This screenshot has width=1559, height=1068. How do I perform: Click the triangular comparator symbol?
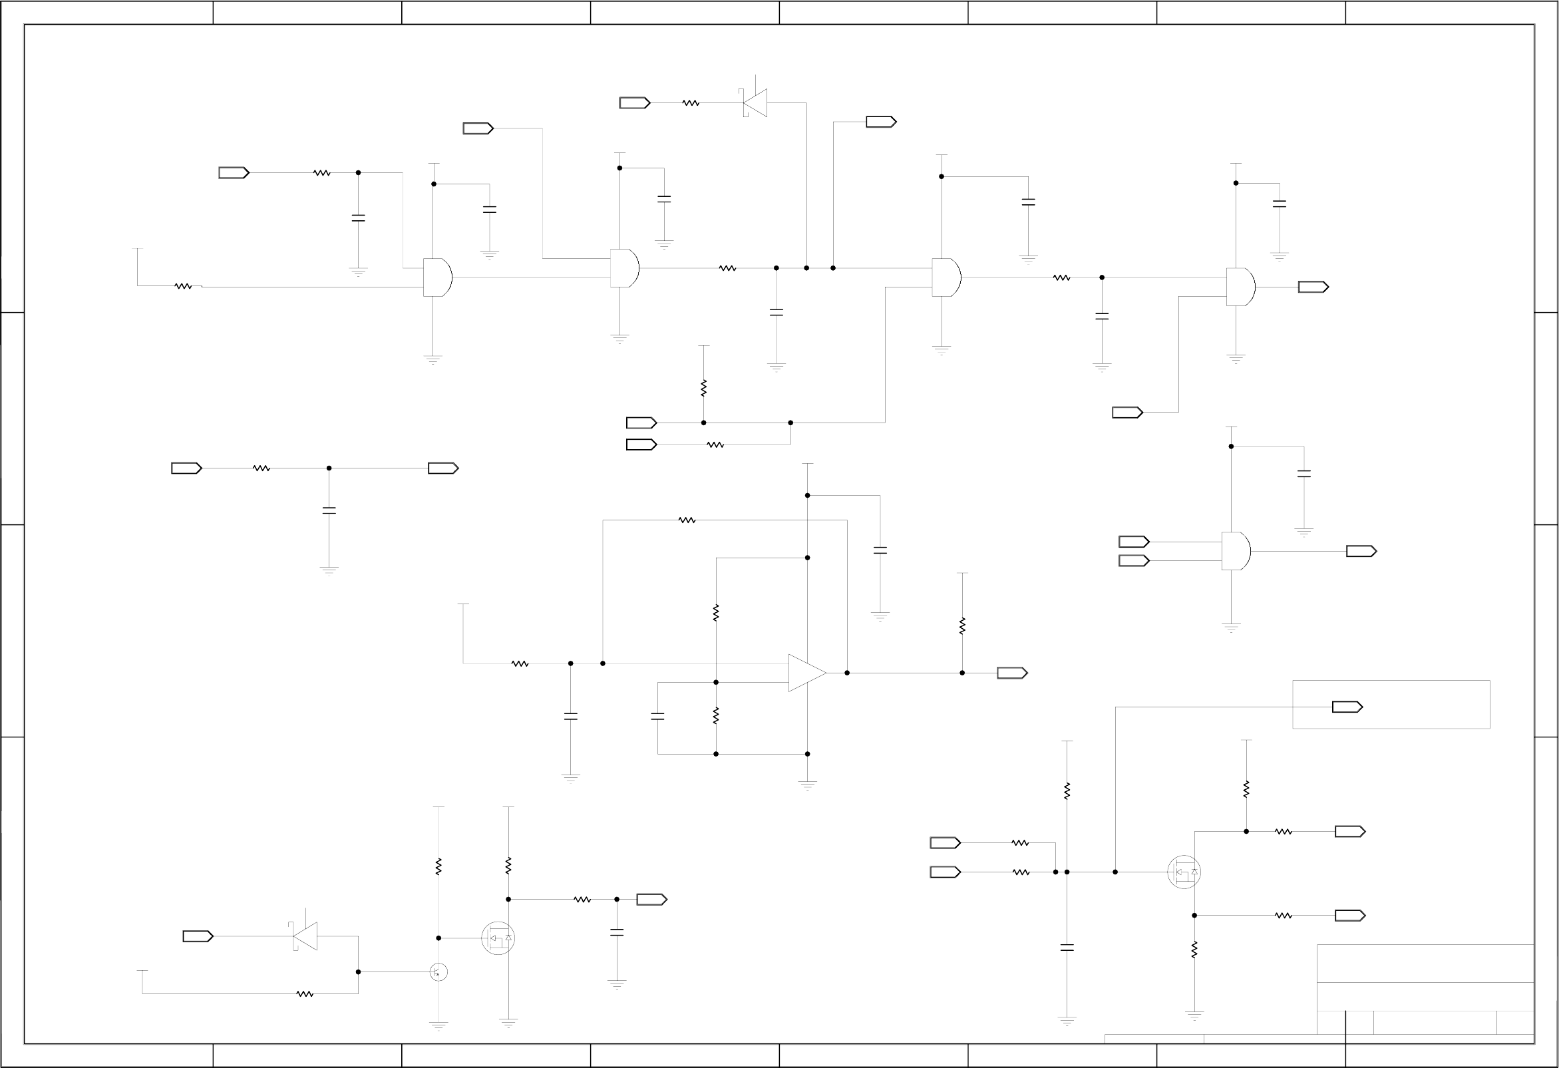pyautogui.click(x=806, y=673)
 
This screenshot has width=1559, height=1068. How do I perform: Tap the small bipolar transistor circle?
pyautogui.click(x=438, y=972)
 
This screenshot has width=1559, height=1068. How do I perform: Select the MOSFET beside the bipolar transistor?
pyautogui.click(x=498, y=938)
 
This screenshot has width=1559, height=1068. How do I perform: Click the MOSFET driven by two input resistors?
pyautogui.click(x=1184, y=872)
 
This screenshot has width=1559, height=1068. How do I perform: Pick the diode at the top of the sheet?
pyautogui.click(x=755, y=102)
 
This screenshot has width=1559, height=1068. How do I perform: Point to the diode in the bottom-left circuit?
pyautogui.click(x=305, y=936)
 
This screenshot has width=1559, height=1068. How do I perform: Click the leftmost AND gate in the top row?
pyautogui.click(x=437, y=277)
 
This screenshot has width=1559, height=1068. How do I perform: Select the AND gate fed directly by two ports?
pyautogui.click(x=1236, y=551)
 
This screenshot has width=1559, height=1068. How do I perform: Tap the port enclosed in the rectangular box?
pyautogui.click(x=1347, y=707)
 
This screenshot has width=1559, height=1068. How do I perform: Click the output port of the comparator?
pyautogui.click(x=1011, y=673)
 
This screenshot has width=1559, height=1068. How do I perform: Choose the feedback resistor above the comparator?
pyautogui.click(x=687, y=520)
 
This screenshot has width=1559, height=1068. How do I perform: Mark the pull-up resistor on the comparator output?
pyautogui.click(x=962, y=626)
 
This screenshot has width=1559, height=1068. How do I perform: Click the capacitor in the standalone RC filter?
pyautogui.click(x=329, y=510)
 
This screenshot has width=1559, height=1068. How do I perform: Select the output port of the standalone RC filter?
pyautogui.click(x=442, y=468)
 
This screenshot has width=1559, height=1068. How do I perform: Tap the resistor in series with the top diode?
pyautogui.click(x=691, y=102)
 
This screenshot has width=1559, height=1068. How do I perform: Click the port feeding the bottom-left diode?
pyautogui.click(x=198, y=936)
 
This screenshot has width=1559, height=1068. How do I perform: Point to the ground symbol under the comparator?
pyautogui.click(x=807, y=785)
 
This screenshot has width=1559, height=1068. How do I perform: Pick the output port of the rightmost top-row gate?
pyautogui.click(x=1313, y=287)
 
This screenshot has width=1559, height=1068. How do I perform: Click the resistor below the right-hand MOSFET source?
pyautogui.click(x=1194, y=950)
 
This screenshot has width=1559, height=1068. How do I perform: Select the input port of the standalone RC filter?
pyautogui.click(x=186, y=468)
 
